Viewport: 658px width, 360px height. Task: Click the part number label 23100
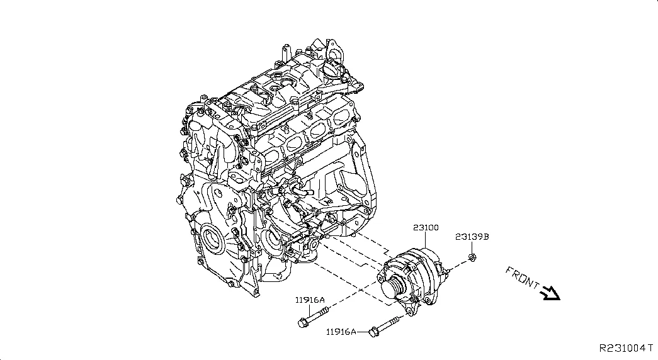pos(426,227)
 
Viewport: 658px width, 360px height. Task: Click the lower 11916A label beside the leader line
pos(341,332)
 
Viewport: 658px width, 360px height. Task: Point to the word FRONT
pos(522,278)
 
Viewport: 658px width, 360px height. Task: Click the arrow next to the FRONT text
pos(552,293)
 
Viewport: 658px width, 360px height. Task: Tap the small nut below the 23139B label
pos(474,257)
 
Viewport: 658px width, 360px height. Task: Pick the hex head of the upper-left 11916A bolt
pos(302,323)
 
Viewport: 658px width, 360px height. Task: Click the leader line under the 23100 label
pos(426,239)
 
